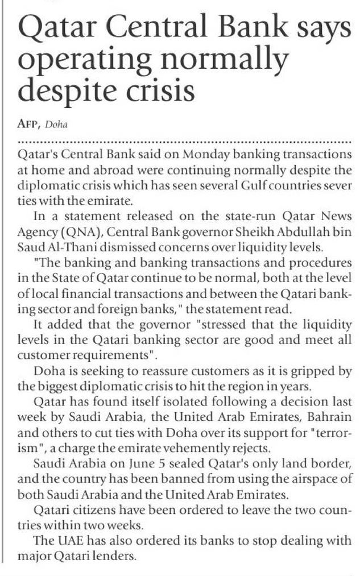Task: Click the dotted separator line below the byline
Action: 185,140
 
